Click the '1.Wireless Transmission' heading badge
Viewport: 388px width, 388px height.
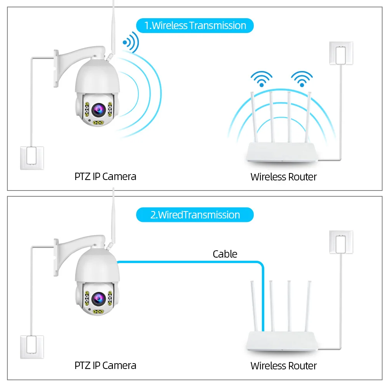(x=195, y=26)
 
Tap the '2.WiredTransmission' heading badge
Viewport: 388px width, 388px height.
(x=195, y=215)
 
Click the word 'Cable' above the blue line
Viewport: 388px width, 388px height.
(x=225, y=254)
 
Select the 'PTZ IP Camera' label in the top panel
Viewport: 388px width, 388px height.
(x=105, y=177)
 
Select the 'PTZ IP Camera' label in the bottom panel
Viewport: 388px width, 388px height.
(x=105, y=365)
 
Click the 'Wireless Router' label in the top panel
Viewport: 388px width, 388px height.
(x=284, y=177)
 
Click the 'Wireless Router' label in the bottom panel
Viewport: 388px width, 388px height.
(x=284, y=366)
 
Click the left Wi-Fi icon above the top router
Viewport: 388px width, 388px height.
(x=262, y=78)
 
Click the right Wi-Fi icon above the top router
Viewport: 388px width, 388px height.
(x=302, y=78)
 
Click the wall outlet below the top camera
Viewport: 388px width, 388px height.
(x=32, y=158)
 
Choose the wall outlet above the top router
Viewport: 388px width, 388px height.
(x=341, y=54)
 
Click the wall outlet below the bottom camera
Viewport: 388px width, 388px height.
(x=32, y=347)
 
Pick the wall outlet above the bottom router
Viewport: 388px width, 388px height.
(x=341, y=243)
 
